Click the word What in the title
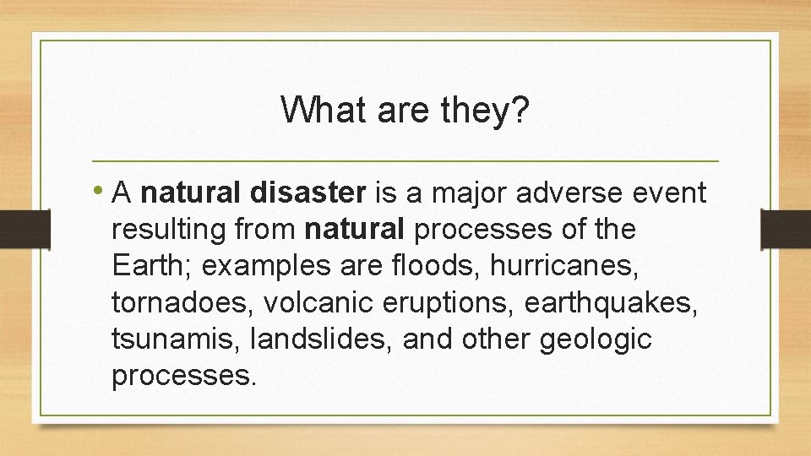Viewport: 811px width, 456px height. (x=318, y=110)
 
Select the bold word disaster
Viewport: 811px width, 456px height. (x=308, y=194)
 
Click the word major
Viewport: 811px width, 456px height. (x=464, y=194)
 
